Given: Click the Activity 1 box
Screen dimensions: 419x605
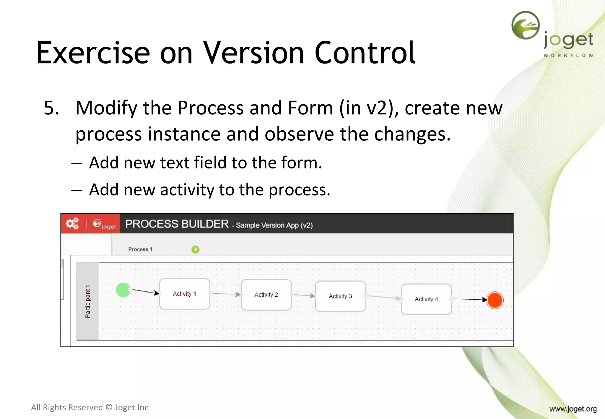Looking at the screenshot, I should [185, 294].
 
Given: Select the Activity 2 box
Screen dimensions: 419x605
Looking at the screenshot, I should [266, 295].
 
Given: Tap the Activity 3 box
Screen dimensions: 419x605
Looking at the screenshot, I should [340, 296].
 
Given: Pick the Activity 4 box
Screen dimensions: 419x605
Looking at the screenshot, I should [426, 299].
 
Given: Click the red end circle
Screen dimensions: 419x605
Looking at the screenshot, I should [495, 300].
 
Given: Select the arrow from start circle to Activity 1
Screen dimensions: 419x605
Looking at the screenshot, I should [146, 292].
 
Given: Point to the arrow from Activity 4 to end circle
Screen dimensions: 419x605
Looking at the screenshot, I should [470, 299].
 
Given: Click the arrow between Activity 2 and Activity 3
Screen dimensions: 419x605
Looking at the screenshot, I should [304, 295].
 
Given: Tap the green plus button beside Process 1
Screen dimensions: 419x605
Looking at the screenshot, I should [195, 250].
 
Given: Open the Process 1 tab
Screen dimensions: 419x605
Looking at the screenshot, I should [140, 249].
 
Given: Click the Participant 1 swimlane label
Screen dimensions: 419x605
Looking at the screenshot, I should [88, 301].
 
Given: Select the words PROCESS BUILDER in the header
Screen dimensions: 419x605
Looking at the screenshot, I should [177, 224].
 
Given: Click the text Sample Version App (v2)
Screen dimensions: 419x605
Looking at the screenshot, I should [274, 225].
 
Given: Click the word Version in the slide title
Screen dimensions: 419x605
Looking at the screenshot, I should [253, 53].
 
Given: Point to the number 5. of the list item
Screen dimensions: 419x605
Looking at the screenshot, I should [51, 108].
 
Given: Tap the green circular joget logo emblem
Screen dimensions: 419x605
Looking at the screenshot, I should [526, 25].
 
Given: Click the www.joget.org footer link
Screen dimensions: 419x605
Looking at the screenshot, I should [573, 409].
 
